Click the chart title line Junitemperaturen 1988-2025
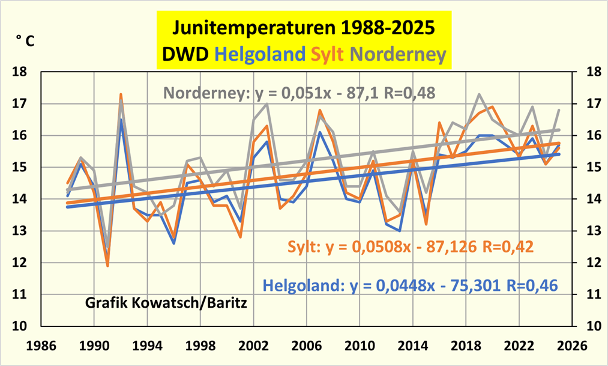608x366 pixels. click(303, 28)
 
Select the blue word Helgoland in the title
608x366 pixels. click(260, 55)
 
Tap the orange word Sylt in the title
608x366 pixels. click(327, 55)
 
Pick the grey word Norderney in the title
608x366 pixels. click(397, 55)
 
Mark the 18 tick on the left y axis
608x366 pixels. click(20, 72)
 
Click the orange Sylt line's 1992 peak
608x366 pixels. click(121, 94)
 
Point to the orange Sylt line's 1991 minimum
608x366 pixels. click(107, 266)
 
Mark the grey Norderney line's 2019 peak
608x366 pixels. click(479, 94)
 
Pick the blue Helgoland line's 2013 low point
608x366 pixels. click(400, 231)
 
